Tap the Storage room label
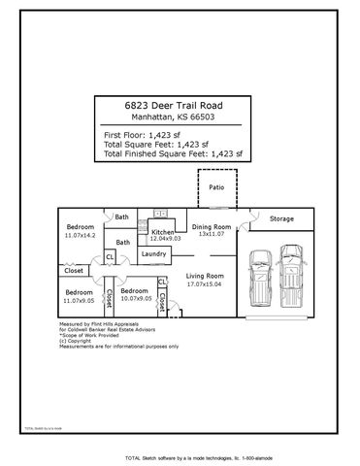coord(281,218)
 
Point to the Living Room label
coord(205,277)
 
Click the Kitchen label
coord(161,233)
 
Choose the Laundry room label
coord(154,253)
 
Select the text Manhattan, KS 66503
coord(180,118)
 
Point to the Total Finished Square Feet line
coord(172,153)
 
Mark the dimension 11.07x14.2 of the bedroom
coord(80,236)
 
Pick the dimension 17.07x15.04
coord(205,284)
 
